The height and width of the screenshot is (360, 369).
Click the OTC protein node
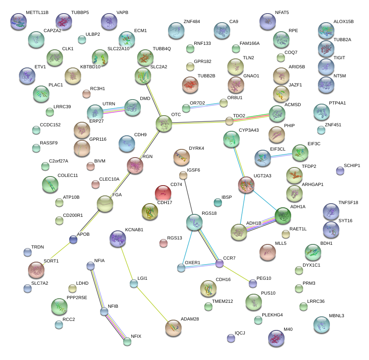click(164, 123)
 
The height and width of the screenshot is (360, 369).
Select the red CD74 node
click(163, 193)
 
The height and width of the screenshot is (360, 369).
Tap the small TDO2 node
click(229, 121)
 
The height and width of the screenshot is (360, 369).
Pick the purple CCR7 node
click(220, 263)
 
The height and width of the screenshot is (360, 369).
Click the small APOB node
click(73, 239)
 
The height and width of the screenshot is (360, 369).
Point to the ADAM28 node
click(173, 327)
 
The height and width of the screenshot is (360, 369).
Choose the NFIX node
click(127, 341)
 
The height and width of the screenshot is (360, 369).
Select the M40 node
click(276, 338)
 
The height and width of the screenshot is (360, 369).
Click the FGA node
click(105, 204)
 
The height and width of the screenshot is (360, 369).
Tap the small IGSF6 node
click(183, 176)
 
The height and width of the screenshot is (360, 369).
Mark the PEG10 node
click(253, 283)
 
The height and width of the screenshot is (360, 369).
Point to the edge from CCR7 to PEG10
click(236, 273)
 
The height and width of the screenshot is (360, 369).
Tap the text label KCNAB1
click(134, 229)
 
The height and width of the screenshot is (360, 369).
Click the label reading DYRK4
click(196, 148)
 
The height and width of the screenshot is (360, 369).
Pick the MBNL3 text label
click(336, 316)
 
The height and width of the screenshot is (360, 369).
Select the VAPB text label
click(122, 13)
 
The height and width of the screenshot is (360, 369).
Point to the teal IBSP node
click(217, 202)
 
